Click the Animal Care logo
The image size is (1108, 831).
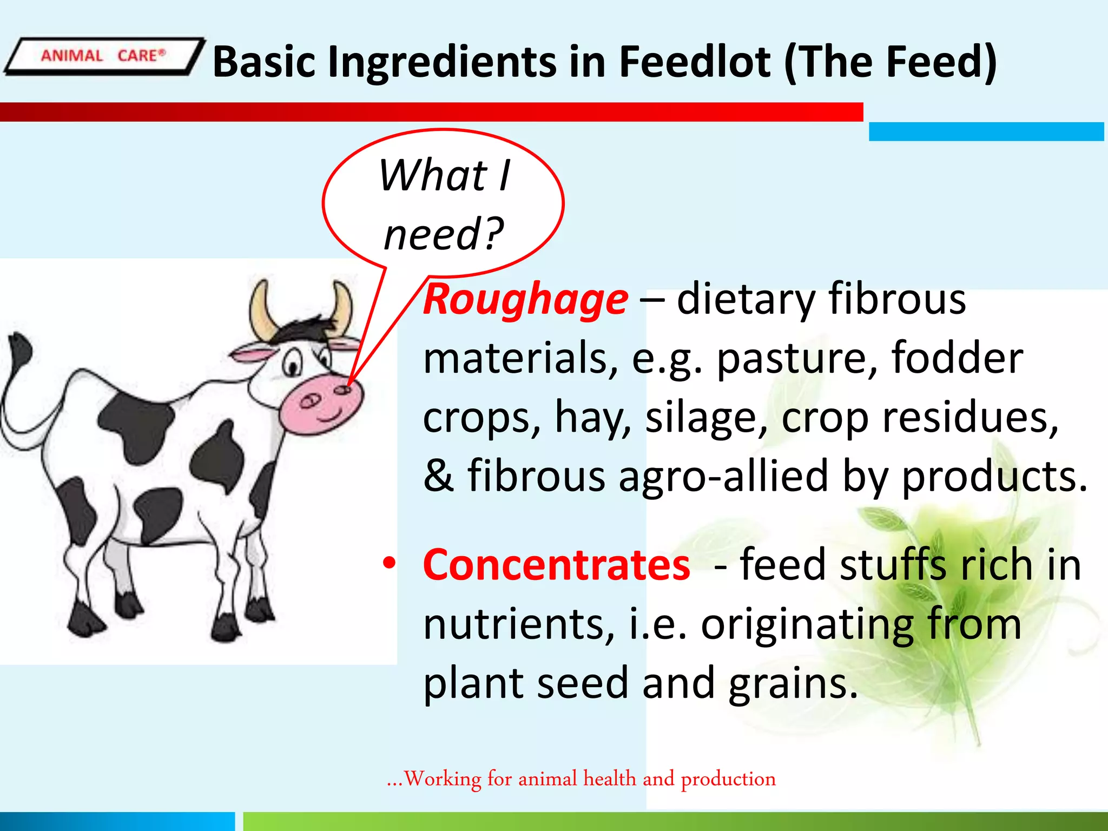(x=103, y=56)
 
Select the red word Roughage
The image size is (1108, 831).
(x=525, y=300)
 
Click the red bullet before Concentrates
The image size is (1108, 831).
(x=389, y=563)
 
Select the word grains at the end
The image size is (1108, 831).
(x=793, y=683)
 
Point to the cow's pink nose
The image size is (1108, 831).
(x=322, y=403)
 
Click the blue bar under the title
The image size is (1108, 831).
(x=986, y=131)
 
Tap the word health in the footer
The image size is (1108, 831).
(x=609, y=779)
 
